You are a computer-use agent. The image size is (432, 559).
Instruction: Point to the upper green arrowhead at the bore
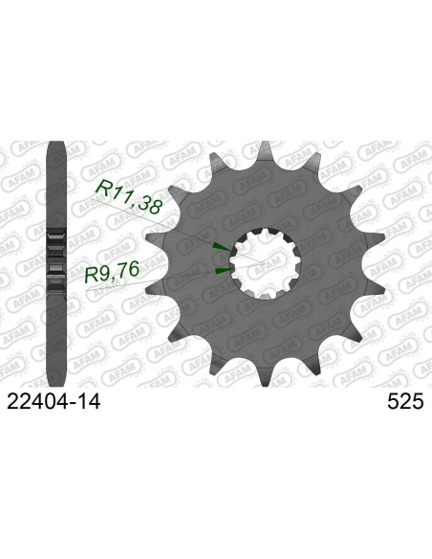tap(220, 249)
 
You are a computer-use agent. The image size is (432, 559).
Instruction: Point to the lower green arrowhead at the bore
tap(221, 272)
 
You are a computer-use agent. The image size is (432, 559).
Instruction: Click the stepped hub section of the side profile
tap(56, 260)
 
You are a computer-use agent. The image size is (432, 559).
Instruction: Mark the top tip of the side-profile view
tap(56, 145)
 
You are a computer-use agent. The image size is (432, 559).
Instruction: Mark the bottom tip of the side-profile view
tap(56, 375)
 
